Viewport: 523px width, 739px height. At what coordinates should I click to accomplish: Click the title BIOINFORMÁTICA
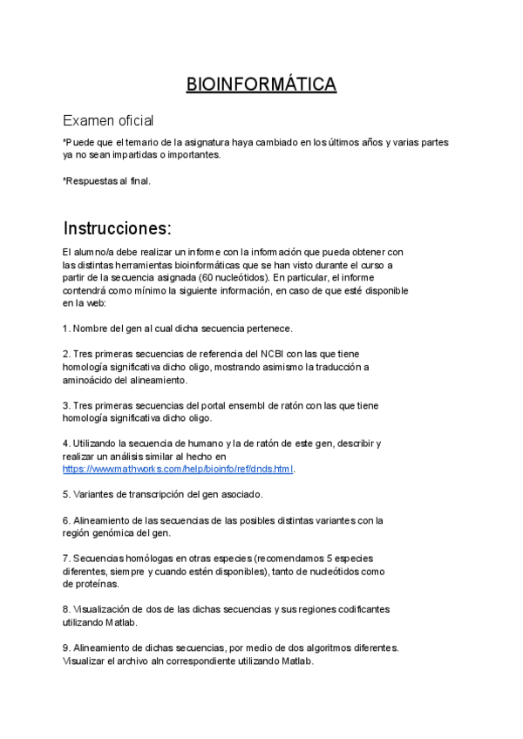click(261, 85)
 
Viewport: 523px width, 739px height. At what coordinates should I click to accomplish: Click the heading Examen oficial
click(108, 121)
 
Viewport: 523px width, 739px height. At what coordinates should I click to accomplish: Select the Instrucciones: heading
click(118, 228)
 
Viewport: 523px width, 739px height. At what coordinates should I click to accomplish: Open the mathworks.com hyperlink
click(179, 469)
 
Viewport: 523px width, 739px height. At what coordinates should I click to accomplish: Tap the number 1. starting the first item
click(66, 329)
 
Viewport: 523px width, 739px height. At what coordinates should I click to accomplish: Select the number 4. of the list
click(66, 443)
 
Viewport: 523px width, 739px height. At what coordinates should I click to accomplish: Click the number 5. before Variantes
click(66, 494)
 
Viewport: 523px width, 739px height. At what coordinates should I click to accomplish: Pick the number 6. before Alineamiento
click(66, 520)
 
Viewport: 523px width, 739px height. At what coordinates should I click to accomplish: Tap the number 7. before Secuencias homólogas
click(66, 558)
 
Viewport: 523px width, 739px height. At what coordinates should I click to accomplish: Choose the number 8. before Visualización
click(66, 609)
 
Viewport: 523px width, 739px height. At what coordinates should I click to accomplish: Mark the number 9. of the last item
click(66, 647)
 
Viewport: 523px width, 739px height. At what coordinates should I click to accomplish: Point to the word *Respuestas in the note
click(91, 181)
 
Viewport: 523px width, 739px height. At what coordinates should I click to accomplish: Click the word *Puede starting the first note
click(78, 142)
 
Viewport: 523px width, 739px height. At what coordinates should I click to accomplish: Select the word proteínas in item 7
click(95, 584)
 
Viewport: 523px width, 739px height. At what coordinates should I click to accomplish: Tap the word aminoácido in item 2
click(91, 380)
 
